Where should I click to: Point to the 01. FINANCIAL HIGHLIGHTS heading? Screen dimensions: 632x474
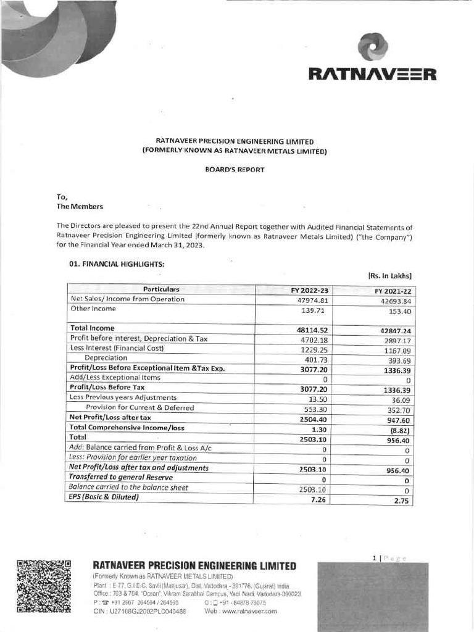point(117,264)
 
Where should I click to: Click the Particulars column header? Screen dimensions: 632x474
point(161,289)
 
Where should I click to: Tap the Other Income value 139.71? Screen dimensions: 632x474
point(315,310)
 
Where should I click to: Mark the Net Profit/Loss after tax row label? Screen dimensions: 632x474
point(110,417)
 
